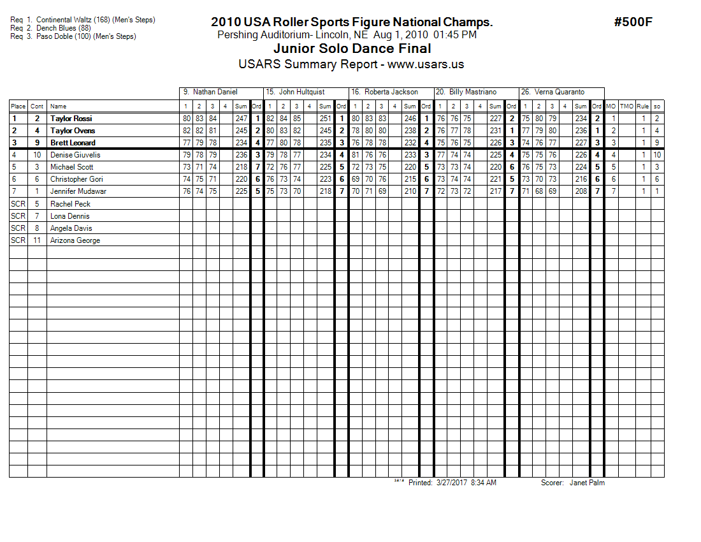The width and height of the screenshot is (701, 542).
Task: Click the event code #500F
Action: (633, 22)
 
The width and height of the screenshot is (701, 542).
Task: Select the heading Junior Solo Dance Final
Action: (352, 48)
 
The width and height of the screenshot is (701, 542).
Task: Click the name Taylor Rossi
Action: (71, 119)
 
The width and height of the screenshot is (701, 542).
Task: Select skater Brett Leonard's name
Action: (73, 143)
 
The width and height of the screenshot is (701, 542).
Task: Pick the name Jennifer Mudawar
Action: (78, 191)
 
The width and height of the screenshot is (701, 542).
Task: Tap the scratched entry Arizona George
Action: (75, 240)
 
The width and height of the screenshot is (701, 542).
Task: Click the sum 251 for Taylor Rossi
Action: (325, 119)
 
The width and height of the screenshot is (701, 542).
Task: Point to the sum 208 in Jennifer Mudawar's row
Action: (581, 191)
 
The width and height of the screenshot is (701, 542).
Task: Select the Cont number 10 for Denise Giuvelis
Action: (37, 155)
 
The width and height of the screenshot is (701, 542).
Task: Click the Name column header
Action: (58, 106)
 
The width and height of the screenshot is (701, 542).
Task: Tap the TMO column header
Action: (626, 106)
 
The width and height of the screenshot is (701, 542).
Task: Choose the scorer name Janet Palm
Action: (587, 483)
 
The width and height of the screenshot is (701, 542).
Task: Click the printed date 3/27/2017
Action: (452, 483)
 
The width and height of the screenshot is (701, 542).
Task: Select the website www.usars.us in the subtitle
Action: (426, 64)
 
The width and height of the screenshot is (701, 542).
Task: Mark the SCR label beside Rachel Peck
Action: (18, 204)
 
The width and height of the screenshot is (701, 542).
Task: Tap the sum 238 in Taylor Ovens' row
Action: (410, 131)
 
